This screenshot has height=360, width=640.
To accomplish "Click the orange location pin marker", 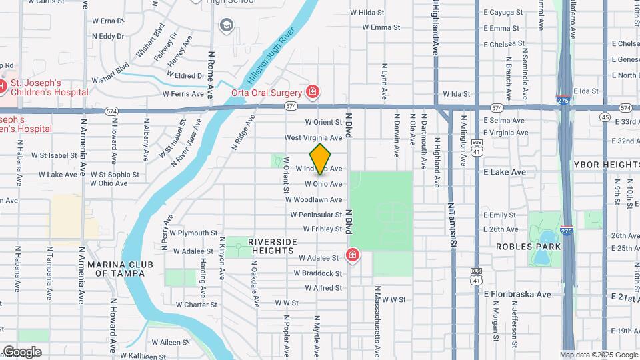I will coord(321,159).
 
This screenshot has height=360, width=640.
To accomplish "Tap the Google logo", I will coord(22,351).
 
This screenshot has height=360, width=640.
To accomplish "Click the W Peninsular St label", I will coord(316,215).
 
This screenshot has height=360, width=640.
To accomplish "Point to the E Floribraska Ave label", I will coord(517,294).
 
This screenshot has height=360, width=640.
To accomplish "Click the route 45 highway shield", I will coord(605,117).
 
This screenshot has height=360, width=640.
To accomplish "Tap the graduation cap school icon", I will coord(227,25).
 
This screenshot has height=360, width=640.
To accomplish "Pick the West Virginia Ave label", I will coord(313,137).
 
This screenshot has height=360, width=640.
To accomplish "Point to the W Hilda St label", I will coord(367,12).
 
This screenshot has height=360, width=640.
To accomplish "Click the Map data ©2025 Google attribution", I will coord(599,355).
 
